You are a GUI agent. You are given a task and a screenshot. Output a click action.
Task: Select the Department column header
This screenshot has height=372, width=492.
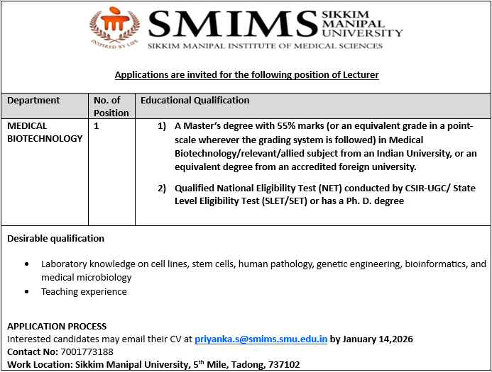[33, 101]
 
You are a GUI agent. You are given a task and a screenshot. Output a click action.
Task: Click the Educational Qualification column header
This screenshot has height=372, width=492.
[195, 101]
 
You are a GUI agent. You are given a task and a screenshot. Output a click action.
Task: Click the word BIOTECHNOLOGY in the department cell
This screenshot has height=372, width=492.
[45, 139]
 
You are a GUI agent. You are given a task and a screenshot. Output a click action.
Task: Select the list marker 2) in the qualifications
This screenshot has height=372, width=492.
[162, 188]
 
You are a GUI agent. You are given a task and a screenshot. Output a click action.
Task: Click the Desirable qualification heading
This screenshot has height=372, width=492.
[55, 238]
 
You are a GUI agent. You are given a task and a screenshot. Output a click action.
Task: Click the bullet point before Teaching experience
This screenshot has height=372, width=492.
[26, 292]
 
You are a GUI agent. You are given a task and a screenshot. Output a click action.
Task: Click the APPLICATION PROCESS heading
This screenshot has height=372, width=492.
[56, 327]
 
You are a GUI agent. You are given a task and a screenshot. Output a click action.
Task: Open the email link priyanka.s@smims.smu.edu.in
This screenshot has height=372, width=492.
[261, 339]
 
